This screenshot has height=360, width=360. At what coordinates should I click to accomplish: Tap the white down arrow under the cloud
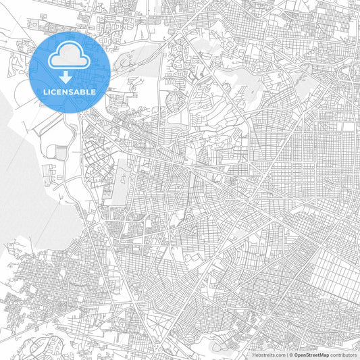point(66,77)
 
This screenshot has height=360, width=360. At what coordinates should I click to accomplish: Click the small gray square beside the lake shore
point(61,154)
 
